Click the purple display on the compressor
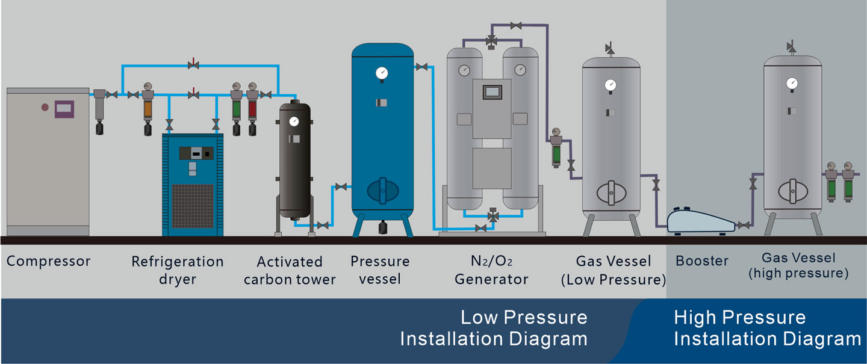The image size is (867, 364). pyautogui.click(x=64, y=109)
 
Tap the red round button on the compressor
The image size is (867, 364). pyautogui.click(x=45, y=107)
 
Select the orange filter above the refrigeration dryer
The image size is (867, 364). pyautogui.click(x=148, y=110)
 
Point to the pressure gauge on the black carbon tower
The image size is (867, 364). pyautogui.click(x=294, y=121)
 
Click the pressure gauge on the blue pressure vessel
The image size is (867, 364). pyautogui.click(x=381, y=73)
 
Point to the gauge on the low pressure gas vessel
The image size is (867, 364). pyautogui.click(x=611, y=84)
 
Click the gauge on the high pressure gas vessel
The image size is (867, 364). pyautogui.click(x=792, y=82)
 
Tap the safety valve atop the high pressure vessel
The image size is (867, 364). pyautogui.click(x=791, y=47)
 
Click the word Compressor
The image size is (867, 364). pyautogui.click(x=48, y=261)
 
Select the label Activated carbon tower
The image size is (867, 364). pyautogui.click(x=290, y=270)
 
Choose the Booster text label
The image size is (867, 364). pyautogui.click(x=702, y=261)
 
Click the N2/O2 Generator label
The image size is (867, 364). pyautogui.click(x=491, y=270)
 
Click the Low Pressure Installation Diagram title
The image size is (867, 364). pyautogui.click(x=494, y=327)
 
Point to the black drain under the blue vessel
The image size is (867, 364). pyautogui.click(x=382, y=227)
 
